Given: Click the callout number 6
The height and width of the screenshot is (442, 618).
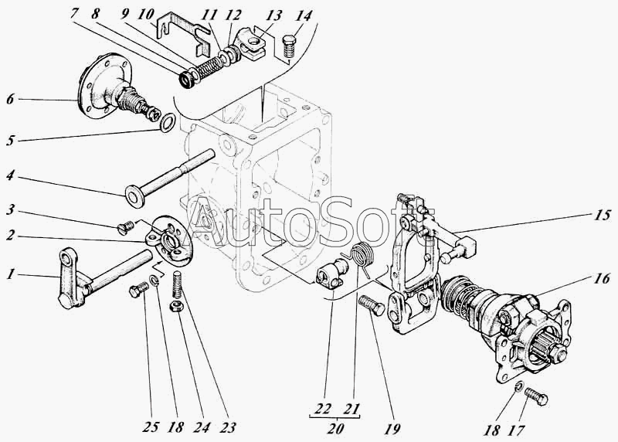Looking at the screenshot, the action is pos(10,99).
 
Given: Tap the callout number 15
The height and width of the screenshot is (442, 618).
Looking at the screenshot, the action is pos(603,215).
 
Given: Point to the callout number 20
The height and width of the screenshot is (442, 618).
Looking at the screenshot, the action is pos(335,428).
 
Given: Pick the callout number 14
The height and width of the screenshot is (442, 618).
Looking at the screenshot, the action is pos(303,15).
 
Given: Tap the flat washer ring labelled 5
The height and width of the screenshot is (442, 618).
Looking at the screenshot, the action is pos(168,123).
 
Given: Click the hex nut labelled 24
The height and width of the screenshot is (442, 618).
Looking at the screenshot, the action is pos(175,306).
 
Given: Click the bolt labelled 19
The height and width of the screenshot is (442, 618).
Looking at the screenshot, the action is pos(372,305).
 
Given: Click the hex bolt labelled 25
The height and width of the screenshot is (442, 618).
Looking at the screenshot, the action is pos(139,291).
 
